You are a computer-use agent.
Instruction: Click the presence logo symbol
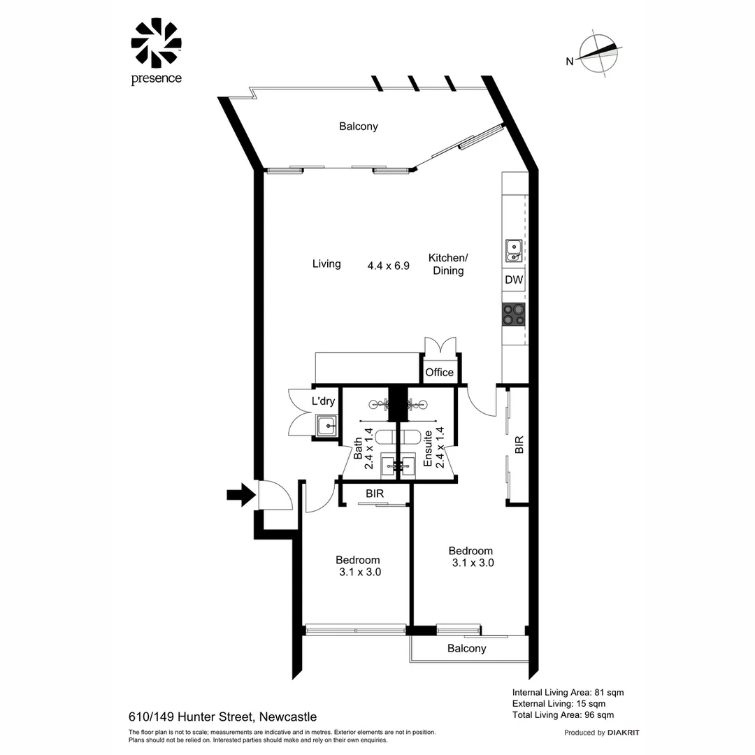tap(156, 43)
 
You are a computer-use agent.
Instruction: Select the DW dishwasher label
tap(514, 280)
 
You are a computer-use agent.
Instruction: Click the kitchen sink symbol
tap(514, 250)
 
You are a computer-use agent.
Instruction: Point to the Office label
tap(440, 373)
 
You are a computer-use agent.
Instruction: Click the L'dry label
tap(324, 401)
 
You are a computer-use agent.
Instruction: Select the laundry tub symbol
tap(326, 424)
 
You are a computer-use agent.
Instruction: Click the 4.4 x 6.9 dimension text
tap(388, 266)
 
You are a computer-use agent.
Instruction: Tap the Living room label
tap(326, 264)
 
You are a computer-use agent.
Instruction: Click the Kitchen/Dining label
tap(448, 264)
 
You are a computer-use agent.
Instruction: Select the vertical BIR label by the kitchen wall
tap(519, 445)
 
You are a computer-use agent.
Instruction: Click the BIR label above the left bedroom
tap(375, 494)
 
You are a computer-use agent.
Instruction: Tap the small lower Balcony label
tap(466, 648)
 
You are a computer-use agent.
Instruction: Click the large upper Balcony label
tap(358, 127)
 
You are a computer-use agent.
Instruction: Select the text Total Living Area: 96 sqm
tap(563, 714)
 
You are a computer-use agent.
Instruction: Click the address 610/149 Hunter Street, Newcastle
tap(222, 717)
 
